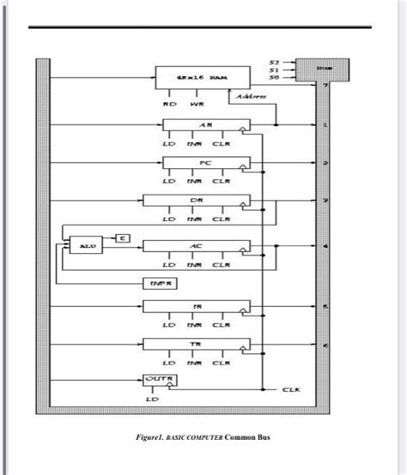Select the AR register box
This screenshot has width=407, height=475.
(206, 125)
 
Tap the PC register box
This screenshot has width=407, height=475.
(206, 162)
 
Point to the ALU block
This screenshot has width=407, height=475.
(84, 245)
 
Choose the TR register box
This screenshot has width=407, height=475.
(197, 345)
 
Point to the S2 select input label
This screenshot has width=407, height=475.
(274, 63)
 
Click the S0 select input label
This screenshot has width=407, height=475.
(274, 78)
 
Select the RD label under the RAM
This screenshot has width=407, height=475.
(170, 106)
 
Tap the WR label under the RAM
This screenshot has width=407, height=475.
(197, 106)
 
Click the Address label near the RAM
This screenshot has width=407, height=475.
(250, 97)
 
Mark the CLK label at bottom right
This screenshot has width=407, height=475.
(290, 389)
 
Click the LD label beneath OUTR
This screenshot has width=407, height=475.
(153, 399)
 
